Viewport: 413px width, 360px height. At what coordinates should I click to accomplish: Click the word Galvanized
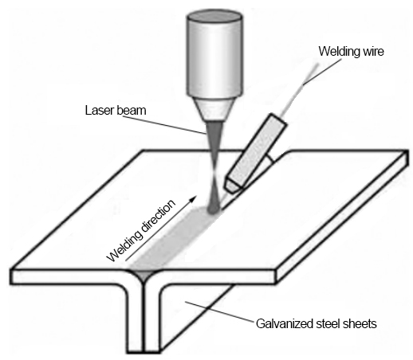[285, 324]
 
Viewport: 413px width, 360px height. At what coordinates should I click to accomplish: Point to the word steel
[328, 323]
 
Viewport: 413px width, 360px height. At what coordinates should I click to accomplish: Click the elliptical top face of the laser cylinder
[214, 17]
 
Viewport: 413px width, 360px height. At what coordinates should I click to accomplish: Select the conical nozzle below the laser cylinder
[214, 109]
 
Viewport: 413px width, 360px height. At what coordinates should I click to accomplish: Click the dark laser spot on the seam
[213, 209]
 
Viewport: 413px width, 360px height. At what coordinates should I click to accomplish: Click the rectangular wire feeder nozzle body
[257, 149]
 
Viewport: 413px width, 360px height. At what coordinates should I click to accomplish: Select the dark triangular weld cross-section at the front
[144, 276]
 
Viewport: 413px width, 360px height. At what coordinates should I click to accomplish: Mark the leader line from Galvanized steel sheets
[219, 311]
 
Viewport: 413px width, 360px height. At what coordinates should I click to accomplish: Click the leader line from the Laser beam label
[164, 124]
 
